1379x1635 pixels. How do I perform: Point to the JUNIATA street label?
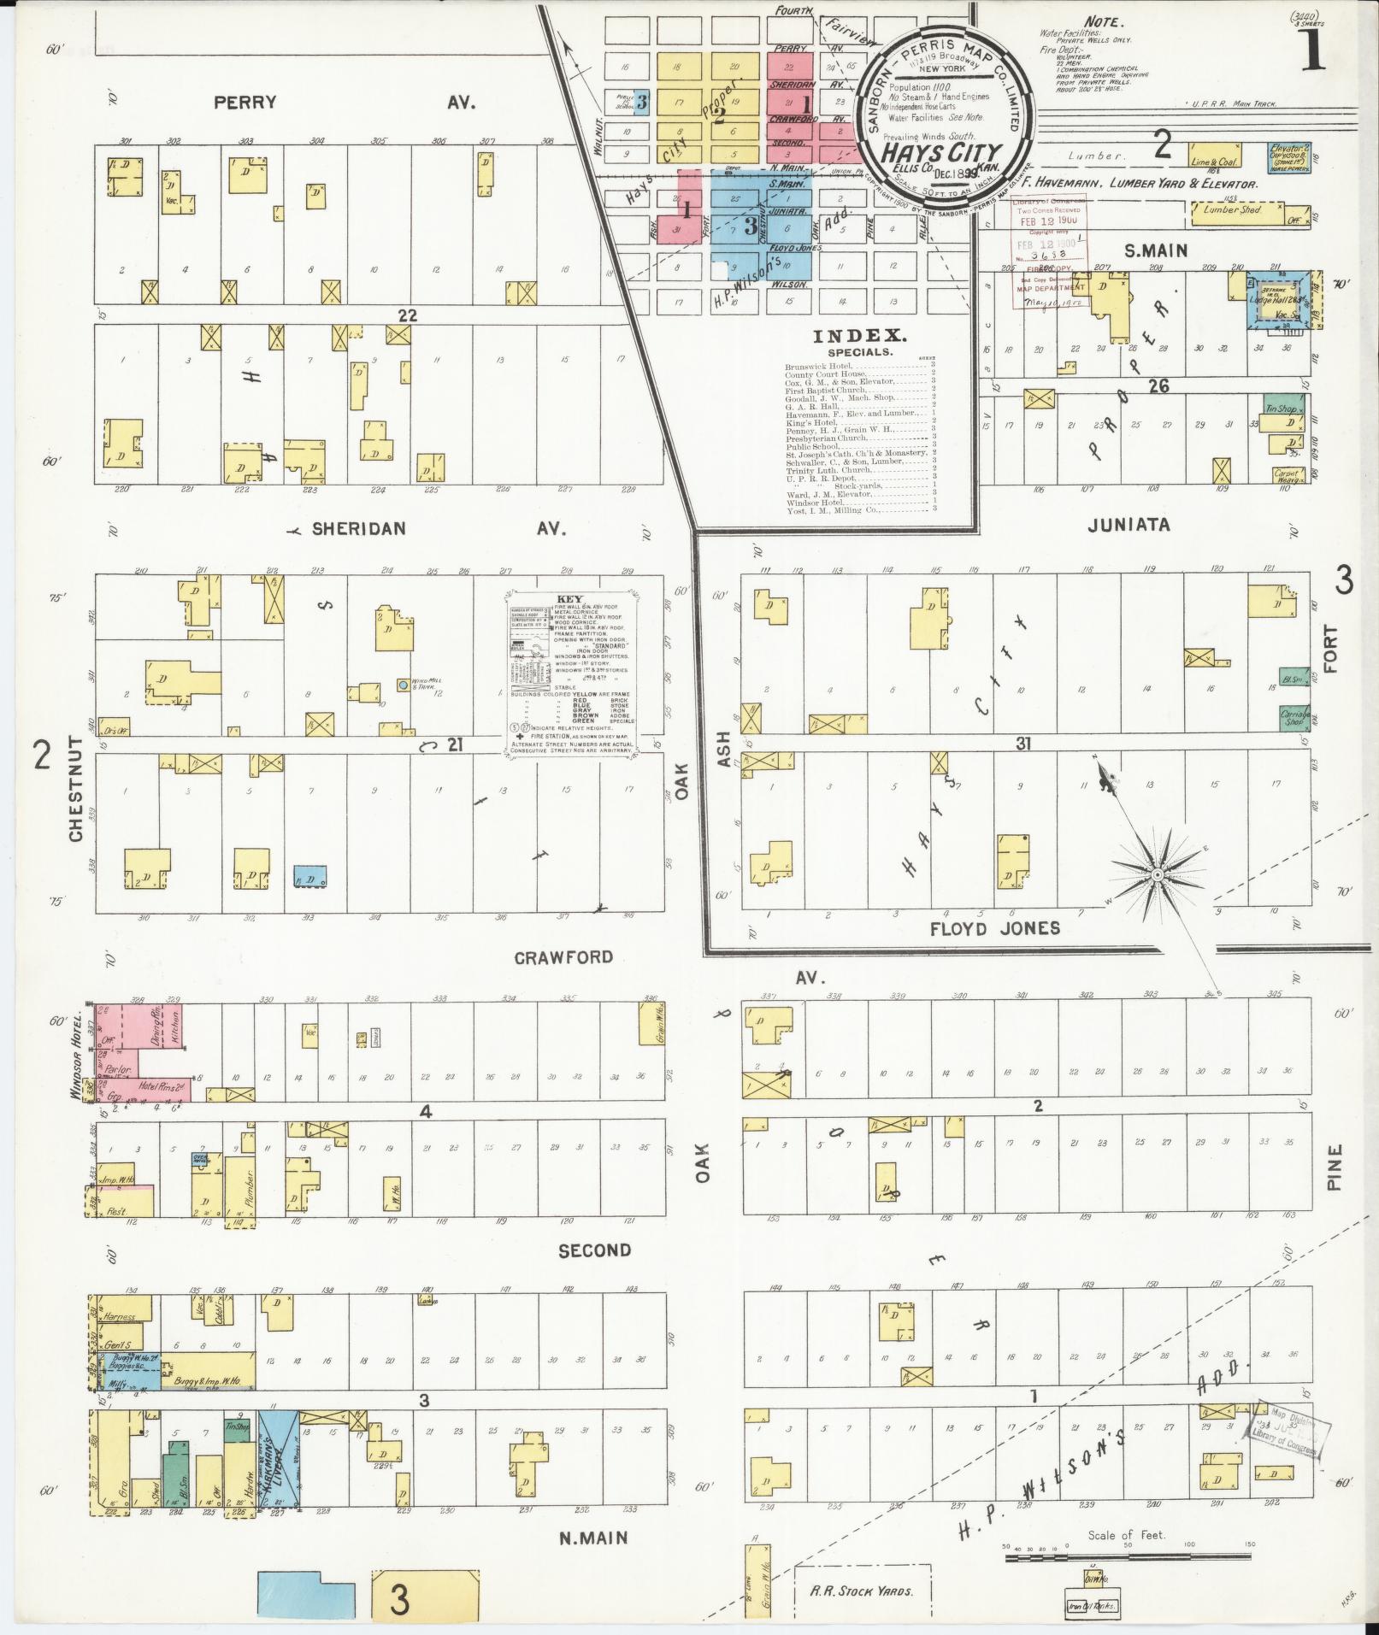coord(1128,526)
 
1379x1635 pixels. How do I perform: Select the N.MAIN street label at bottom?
coord(593,1538)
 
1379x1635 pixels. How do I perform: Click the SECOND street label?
coord(594,1250)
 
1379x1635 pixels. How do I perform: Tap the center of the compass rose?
coord(1156,874)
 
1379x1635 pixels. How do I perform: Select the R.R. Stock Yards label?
coord(862,1591)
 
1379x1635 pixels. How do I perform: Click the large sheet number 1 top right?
coord(1313,53)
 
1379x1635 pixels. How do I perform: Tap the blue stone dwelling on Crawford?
coord(309,877)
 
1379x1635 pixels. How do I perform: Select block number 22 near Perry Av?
coord(406,315)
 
